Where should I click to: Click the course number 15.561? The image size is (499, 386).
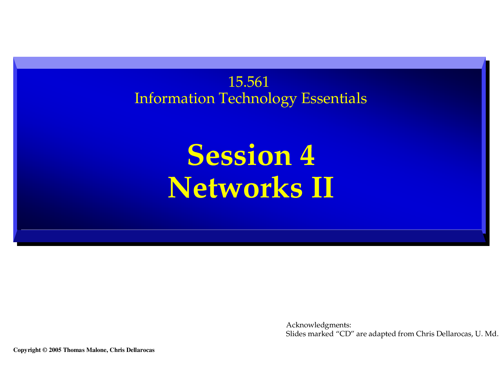point(248,82)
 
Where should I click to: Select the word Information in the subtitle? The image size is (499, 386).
point(174,98)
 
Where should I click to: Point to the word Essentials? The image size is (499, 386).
point(334,98)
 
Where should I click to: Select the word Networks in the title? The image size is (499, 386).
point(235,187)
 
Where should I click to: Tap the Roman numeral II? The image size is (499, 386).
point(322,187)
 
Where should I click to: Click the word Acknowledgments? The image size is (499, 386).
point(318,325)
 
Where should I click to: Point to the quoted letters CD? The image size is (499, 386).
point(346,334)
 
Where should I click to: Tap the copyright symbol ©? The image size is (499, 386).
point(45,350)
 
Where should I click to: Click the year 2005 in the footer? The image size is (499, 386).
point(55,350)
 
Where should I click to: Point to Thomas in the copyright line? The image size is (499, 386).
point(74,350)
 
